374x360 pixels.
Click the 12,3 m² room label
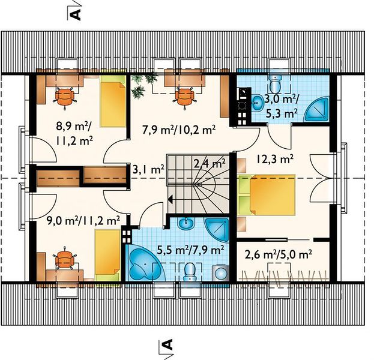click(275, 159)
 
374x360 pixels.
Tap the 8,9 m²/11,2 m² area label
click(74, 133)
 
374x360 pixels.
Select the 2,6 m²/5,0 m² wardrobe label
click(279, 255)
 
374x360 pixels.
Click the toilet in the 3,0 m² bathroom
click(276, 82)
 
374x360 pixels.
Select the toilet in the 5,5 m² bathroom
click(190, 271)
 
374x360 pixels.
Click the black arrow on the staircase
click(170, 199)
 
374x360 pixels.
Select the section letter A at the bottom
click(167, 344)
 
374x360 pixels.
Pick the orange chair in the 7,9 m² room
click(185, 97)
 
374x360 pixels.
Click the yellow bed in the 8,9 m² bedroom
click(113, 101)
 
